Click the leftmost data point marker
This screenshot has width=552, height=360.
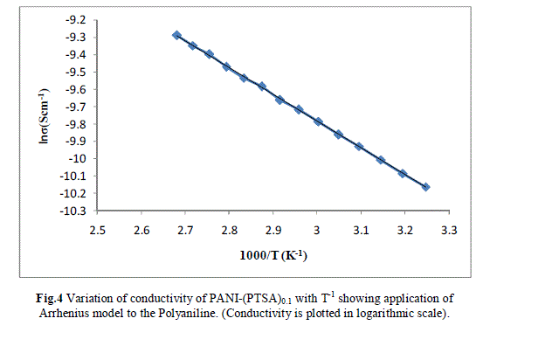click(176, 35)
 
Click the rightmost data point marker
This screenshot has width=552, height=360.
click(425, 187)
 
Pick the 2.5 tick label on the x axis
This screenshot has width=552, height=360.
click(97, 231)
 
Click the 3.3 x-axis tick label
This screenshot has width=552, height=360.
click(449, 231)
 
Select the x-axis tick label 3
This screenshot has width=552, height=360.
click(317, 231)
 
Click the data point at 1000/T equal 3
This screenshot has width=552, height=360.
click(319, 121)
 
